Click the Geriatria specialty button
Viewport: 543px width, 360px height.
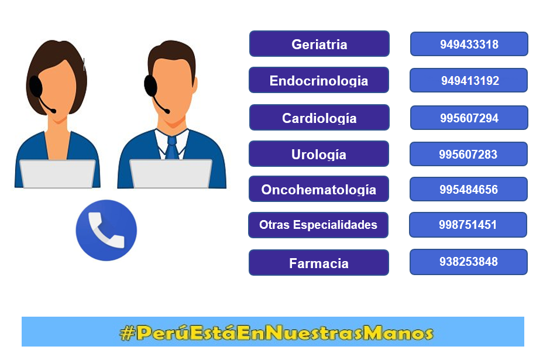point(319,44)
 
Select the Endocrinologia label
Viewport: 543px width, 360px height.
point(319,80)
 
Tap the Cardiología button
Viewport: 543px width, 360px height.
point(319,118)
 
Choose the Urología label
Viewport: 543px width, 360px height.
point(319,154)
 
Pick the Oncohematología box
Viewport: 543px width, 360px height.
point(319,189)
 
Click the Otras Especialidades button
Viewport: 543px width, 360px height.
point(318,225)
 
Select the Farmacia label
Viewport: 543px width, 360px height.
point(319,263)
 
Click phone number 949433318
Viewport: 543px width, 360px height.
point(469,44)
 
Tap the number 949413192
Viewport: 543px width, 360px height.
point(469,80)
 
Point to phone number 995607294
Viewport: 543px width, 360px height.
point(469,118)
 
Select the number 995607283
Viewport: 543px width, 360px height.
point(469,154)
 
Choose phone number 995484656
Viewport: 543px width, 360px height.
point(469,189)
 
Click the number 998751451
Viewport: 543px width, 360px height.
point(468,225)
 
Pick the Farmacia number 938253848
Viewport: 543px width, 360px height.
point(469,262)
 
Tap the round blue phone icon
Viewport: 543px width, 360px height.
point(106,230)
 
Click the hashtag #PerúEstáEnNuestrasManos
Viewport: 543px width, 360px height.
point(276,332)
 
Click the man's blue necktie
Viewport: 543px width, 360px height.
point(172,148)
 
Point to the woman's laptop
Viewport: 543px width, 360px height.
point(57,174)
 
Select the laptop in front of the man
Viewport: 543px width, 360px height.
point(171,174)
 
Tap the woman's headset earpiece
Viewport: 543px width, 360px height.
point(35,87)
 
